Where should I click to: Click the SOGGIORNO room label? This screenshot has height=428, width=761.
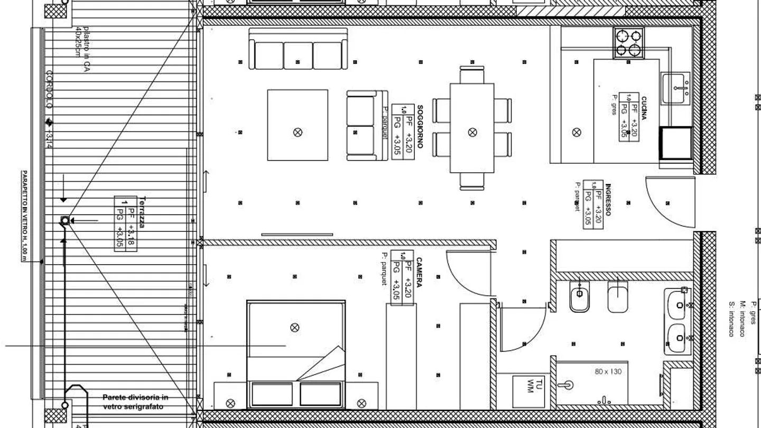click(x=420, y=126)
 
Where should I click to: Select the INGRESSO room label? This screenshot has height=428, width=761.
click(x=608, y=200)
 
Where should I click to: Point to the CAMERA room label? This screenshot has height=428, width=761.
click(x=419, y=273)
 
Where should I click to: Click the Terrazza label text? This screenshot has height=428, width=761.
click(x=142, y=212)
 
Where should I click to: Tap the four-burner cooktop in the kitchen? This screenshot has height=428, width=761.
click(x=629, y=43)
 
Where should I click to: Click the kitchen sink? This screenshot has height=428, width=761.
click(x=676, y=88)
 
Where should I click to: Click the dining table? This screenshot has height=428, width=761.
click(x=472, y=128)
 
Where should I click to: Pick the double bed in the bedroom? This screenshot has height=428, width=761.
click(x=295, y=354)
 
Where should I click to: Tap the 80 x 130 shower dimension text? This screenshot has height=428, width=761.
click(x=608, y=372)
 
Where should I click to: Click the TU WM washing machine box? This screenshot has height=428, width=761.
click(x=528, y=390)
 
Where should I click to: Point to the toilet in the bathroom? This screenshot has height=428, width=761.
click(x=580, y=299)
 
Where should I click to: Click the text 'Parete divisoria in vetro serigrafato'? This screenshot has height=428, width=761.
click(x=135, y=402)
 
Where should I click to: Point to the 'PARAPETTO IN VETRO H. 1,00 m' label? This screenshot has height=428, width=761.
click(x=24, y=216)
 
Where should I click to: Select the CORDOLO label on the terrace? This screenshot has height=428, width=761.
click(x=49, y=89)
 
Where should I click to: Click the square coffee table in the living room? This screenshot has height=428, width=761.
click(x=298, y=125)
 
